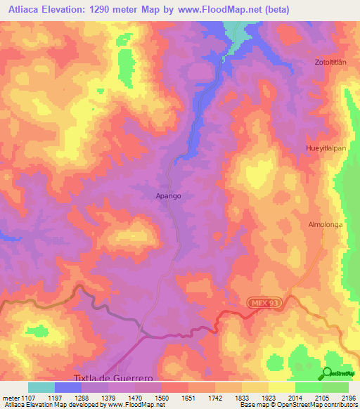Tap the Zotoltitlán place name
pos(332,63)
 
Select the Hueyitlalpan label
pos(328,149)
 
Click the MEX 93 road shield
pos(264,302)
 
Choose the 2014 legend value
pos(284,397)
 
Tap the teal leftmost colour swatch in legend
pos(41,387)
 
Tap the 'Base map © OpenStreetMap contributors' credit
pos(297,405)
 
